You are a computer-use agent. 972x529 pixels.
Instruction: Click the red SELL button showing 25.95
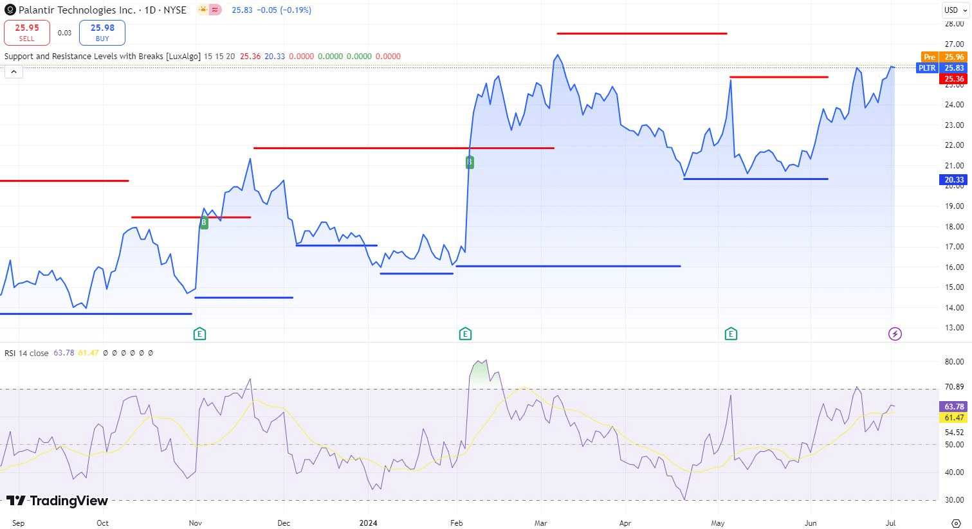[x=27, y=33]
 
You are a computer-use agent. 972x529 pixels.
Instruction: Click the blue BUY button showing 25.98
[x=102, y=33]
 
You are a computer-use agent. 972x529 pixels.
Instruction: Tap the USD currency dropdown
[x=955, y=10]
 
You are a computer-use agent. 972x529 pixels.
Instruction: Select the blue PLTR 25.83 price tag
[x=941, y=68]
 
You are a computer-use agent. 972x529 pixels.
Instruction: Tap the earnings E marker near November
[x=200, y=334]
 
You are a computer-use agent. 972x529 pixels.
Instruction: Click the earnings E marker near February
[x=465, y=334]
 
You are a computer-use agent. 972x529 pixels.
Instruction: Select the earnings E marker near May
[x=731, y=334]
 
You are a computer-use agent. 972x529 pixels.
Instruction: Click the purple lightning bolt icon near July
[x=895, y=334]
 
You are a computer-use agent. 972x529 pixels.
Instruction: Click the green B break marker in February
[x=470, y=163]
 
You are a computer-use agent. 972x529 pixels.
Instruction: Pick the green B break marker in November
[x=204, y=223]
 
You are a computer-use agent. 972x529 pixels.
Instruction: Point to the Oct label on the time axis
[x=102, y=523]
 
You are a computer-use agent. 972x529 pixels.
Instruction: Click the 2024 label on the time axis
[x=368, y=523]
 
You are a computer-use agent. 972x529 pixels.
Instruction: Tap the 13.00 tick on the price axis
[x=954, y=328]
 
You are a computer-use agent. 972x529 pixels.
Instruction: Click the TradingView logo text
[x=58, y=501]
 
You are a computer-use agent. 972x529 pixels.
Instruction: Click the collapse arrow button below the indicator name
[x=14, y=72]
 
